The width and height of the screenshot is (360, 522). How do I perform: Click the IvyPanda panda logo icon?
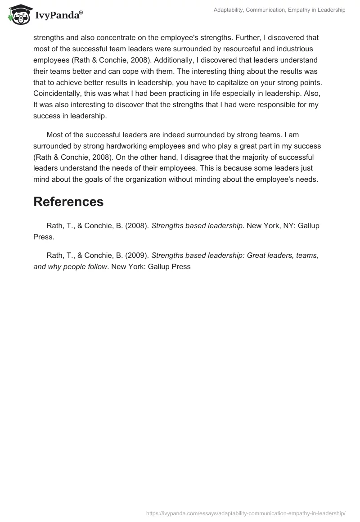click(18, 14)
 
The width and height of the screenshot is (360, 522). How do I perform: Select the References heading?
click(68, 202)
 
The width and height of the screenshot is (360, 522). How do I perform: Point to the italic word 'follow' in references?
click(94, 266)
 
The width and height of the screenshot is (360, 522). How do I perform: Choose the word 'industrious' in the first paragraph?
click(295, 49)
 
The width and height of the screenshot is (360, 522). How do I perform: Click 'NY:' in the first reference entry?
click(285, 226)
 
